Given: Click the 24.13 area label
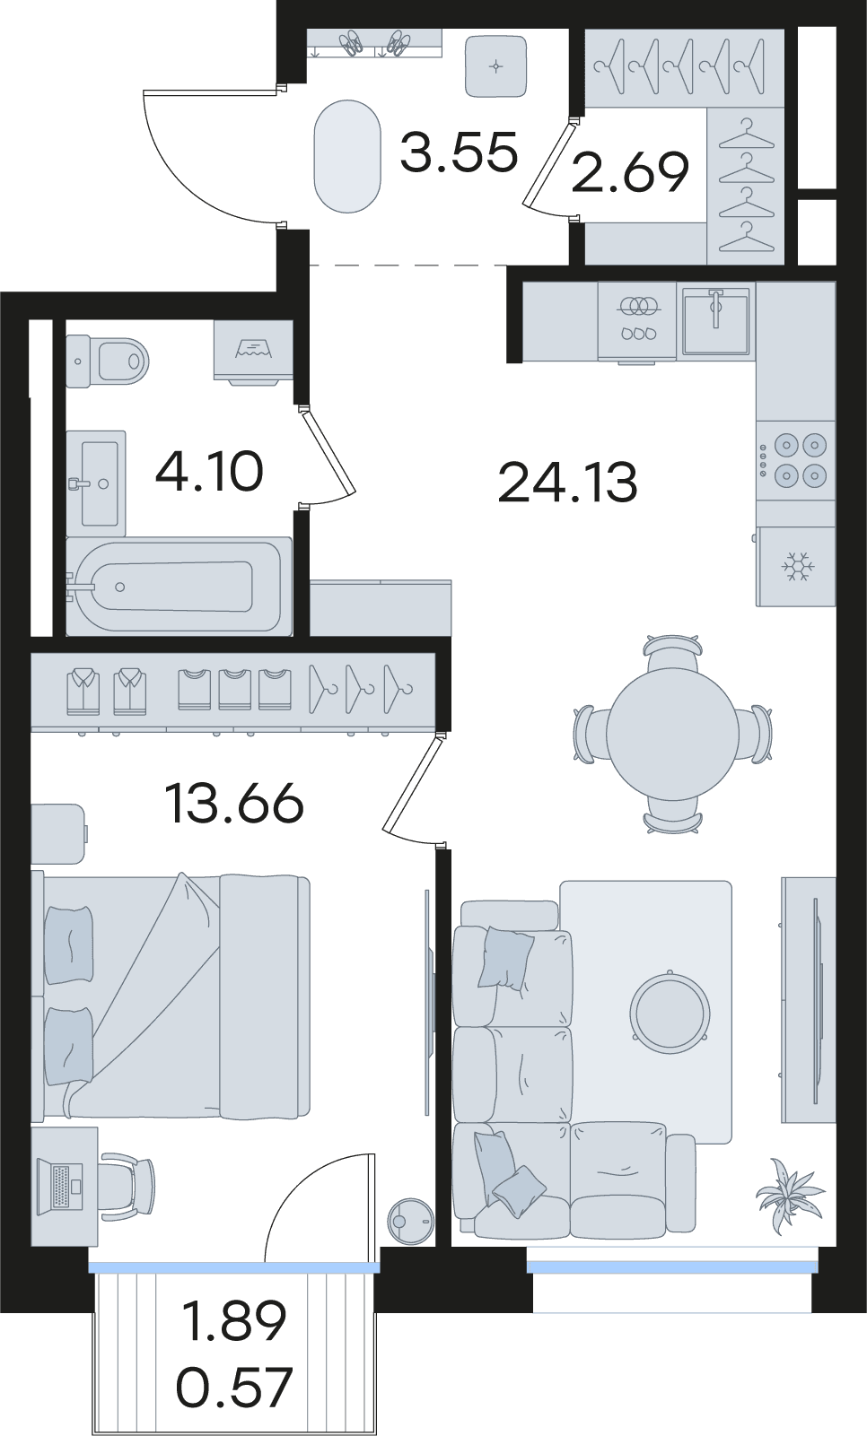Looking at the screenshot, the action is tap(567, 482).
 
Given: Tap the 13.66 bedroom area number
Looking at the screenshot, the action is tap(234, 803).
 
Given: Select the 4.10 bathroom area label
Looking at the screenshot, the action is tap(209, 471).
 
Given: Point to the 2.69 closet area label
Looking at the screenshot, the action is tap(630, 171).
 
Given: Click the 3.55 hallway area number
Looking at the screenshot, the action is tap(460, 152).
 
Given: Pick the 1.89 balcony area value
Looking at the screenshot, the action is tap(234, 1320).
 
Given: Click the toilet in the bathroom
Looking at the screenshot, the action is tap(107, 361).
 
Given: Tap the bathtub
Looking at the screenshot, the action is tap(179, 586).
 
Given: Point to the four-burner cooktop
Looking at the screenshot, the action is tap(796, 459).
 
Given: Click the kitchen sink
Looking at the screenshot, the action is tap(715, 320).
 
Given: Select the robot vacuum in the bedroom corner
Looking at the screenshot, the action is tap(410, 1222).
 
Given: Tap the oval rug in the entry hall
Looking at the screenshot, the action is tap(347, 156).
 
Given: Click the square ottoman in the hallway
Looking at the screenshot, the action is tap(496, 66).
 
